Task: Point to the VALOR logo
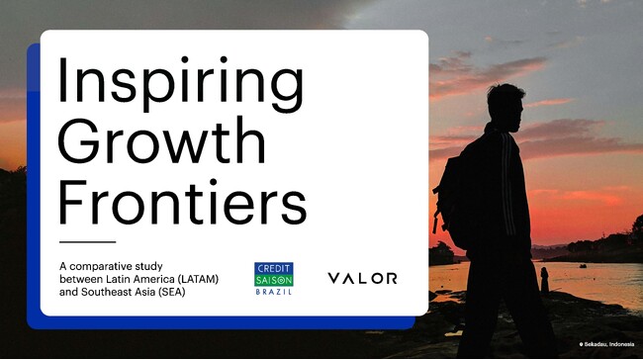tap(362, 279)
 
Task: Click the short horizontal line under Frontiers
tap(87, 241)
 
